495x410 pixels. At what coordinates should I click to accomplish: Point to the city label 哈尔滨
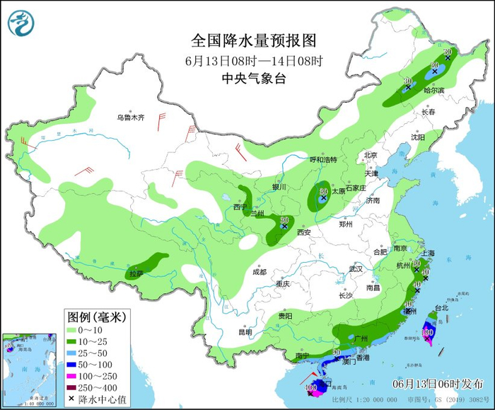coord(434,91)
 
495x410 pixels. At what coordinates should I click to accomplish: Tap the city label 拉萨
coord(136,273)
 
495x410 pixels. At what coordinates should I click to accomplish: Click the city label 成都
coord(260,272)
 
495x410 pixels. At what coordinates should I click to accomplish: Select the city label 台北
coord(441,308)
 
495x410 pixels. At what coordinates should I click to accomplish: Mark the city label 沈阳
coord(419,137)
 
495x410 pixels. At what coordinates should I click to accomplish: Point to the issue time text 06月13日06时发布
coord(438,383)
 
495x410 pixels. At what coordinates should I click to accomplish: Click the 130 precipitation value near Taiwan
coord(427,331)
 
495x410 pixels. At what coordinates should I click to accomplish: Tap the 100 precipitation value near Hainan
coord(311,387)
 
